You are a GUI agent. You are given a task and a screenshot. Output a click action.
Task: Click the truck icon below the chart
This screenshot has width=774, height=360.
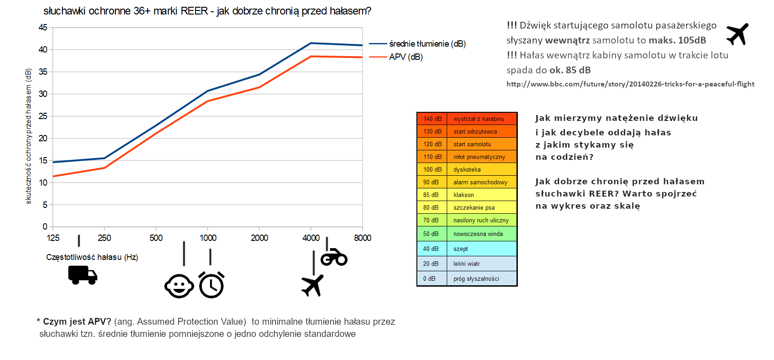pyautogui.click(x=82, y=275)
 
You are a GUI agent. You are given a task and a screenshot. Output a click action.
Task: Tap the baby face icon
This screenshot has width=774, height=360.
pyautogui.click(x=179, y=286)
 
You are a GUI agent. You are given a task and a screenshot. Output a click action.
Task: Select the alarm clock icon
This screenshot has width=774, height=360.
pyautogui.click(x=211, y=285)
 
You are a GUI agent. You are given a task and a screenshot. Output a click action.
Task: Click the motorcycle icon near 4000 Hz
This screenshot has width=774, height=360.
pyautogui.click(x=334, y=257)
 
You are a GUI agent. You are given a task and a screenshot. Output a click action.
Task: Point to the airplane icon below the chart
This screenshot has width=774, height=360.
pyautogui.click(x=312, y=285)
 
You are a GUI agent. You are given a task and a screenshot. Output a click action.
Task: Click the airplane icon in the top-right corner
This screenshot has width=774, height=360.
pyautogui.click(x=737, y=34)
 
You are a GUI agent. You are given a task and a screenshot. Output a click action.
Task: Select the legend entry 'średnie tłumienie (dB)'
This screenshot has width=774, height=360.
pyautogui.click(x=427, y=44)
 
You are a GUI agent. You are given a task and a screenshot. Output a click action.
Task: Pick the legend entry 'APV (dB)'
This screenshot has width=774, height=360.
pyautogui.click(x=406, y=57)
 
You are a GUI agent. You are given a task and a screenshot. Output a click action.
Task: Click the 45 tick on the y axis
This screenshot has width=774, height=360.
pyautogui.click(x=43, y=28)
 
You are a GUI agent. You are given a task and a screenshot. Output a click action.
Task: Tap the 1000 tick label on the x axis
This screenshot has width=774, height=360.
pyautogui.click(x=208, y=238)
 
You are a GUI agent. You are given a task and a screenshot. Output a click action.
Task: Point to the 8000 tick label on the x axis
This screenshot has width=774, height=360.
pyautogui.click(x=363, y=238)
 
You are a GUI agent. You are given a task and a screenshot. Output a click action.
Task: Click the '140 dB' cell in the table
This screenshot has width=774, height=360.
pyautogui.click(x=432, y=119)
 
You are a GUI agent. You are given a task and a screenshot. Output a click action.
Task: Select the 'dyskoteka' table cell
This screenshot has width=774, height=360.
pyautogui.click(x=482, y=169)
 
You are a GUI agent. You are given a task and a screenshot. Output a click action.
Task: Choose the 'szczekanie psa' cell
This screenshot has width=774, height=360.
pyautogui.click(x=482, y=207)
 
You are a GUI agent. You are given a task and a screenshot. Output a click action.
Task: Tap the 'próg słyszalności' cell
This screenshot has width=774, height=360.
pyautogui.click(x=482, y=278)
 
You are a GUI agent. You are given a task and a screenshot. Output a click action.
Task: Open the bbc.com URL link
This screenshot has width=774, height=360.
pyautogui.click(x=630, y=84)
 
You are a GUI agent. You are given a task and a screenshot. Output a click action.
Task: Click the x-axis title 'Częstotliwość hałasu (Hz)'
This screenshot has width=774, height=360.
pyautogui.click(x=92, y=257)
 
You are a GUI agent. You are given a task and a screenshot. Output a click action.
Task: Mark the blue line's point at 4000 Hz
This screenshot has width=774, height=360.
pyautogui.click(x=311, y=43)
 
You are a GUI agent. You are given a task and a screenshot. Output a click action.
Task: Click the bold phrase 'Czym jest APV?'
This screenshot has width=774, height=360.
pyautogui.click(x=77, y=322)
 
